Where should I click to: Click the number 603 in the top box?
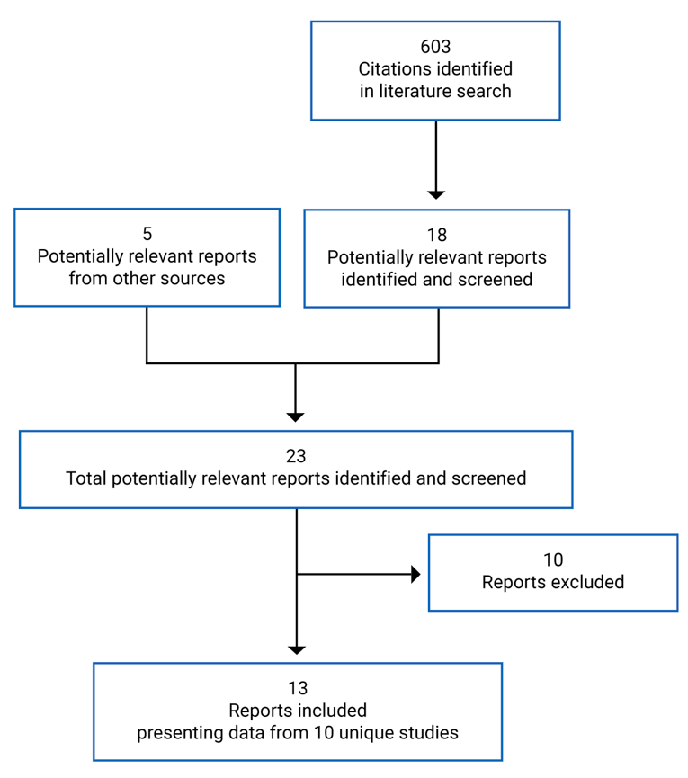(435, 47)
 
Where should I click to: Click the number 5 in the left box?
(147, 234)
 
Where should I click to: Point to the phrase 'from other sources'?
(147, 278)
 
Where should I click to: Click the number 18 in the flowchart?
(436, 236)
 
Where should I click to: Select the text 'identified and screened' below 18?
(436, 280)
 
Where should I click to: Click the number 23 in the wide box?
(296, 456)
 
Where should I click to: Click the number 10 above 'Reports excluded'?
(553, 559)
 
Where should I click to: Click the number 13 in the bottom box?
(297, 688)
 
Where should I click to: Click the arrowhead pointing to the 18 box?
(436, 193)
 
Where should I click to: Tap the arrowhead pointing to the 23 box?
(296, 416)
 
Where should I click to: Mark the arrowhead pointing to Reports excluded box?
(415, 574)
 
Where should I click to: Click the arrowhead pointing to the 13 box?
(296, 649)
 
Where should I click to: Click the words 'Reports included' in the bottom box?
(297, 711)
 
